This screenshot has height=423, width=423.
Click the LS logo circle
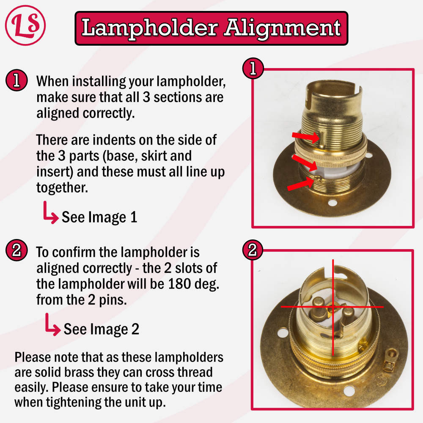pyautogui.click(x=25, y=25)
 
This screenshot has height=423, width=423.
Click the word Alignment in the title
pyautogui.click(x=283, y=28)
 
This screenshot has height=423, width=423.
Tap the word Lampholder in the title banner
pyautogui.click(x=150, y=28)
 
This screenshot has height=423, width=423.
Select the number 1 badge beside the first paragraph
pyautogui.click(x=16, y=80)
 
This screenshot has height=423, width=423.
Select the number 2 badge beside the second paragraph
pyautogui.click(x=16, y=250)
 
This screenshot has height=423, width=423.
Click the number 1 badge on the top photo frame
pyautogui.click(x=253, y=68)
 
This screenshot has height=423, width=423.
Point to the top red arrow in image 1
pyautogui.click(x=306, y=137)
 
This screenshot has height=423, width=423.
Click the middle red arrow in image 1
pyautogui.click(x=305, y=162)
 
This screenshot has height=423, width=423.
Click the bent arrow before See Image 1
pyautogui.click(x=50, y=213)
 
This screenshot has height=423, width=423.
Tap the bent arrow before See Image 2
pyautogui.click(x=52, y=324)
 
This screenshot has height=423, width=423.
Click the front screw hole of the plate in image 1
pyautogui.click(x=332, y=202)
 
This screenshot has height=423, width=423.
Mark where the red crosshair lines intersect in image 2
pyautogui.click(x=333, y=307)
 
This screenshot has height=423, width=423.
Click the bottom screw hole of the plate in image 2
pyautogui.click(x=349, y=390)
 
